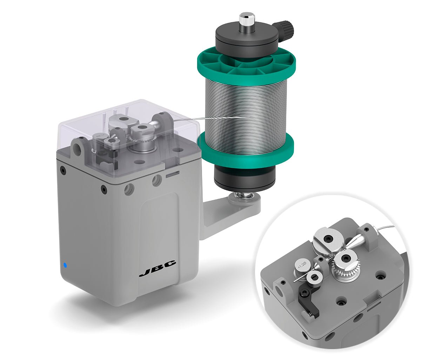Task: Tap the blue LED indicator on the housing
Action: [65, 265]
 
